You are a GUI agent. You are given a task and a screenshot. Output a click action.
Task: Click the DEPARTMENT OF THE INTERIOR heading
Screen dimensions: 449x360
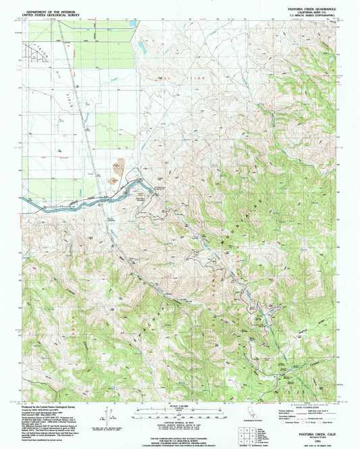tap(51, 11)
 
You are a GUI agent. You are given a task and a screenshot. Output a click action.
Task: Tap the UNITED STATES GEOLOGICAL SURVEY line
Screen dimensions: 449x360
tap(51, 15)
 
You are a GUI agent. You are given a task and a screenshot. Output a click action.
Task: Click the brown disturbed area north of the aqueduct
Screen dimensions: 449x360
tap(120, 165)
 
